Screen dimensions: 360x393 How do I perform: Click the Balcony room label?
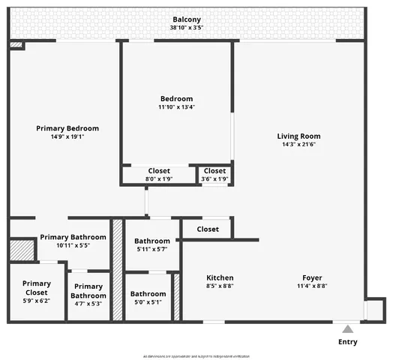(x=187, y=19)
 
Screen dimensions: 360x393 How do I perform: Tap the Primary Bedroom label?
(x=67, y=128)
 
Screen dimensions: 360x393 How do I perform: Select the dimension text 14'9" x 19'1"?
(x=67, y=137)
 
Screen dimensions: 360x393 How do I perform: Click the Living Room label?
(x=298, y=136)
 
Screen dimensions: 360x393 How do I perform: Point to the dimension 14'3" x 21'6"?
(x=298, y=145)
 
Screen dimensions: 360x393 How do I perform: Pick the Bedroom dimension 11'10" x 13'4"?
(x=176, y=107)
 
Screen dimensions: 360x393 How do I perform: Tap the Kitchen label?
(x=220, y=277)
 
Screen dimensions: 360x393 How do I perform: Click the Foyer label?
(x=312, y=277)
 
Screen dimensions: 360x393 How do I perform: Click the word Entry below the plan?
(x=347, y=342)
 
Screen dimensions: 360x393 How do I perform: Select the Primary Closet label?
(x=36, y=288)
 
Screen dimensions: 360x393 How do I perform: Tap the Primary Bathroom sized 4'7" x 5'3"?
(x=88, y=291)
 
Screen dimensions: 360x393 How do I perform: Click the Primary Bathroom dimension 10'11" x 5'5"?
(x=73, y=245)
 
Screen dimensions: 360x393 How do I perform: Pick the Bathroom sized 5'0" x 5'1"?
(x=148, y=298)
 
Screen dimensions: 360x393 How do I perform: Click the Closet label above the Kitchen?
(x=208, y=229)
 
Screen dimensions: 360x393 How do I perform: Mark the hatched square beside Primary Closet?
(x=22, y=250)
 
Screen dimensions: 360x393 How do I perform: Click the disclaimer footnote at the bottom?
(x=196, y=356)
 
